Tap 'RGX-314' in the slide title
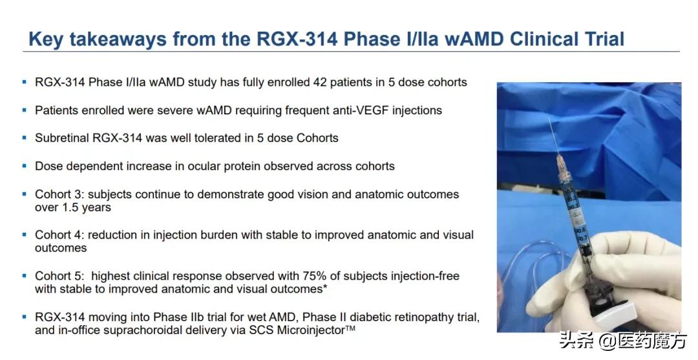pyautogui.click(x=297, y=39)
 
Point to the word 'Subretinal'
pyautogui.click(x=62, y=138)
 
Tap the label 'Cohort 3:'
pyautogui.click(x=59, y=195)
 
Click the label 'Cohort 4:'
pyautogui.click(x=59, y=235)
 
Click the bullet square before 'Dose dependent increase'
pyautogui.click(x=25, y=166)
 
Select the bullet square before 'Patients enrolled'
pyautogui.click(x=25, y=110)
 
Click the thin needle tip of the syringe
pyautogui.click(x=549, y=118)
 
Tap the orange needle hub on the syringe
pyautogui.click(x=562, y=167)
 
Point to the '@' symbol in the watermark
pyautogui.click(x=607, y=342)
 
